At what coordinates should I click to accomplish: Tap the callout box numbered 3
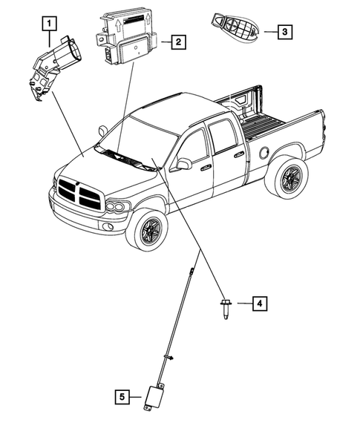[284, 32]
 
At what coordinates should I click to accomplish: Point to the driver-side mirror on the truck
[180, 164]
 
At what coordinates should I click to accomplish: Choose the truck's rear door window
[223, 137]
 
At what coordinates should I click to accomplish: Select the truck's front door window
[194, 148]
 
